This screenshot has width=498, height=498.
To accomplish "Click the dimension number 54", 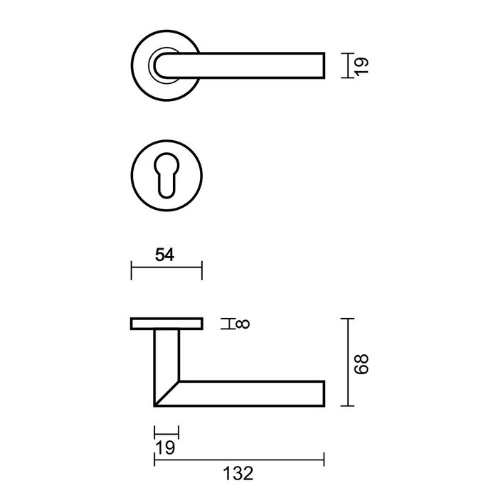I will tap(165, 253).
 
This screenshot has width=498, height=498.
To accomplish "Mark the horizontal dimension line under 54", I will tap(167, 270).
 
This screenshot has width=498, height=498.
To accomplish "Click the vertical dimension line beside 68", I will tap(347, 363).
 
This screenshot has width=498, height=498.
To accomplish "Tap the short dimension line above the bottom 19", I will tap(166, 430).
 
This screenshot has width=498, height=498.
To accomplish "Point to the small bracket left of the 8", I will tap(227, 325).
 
